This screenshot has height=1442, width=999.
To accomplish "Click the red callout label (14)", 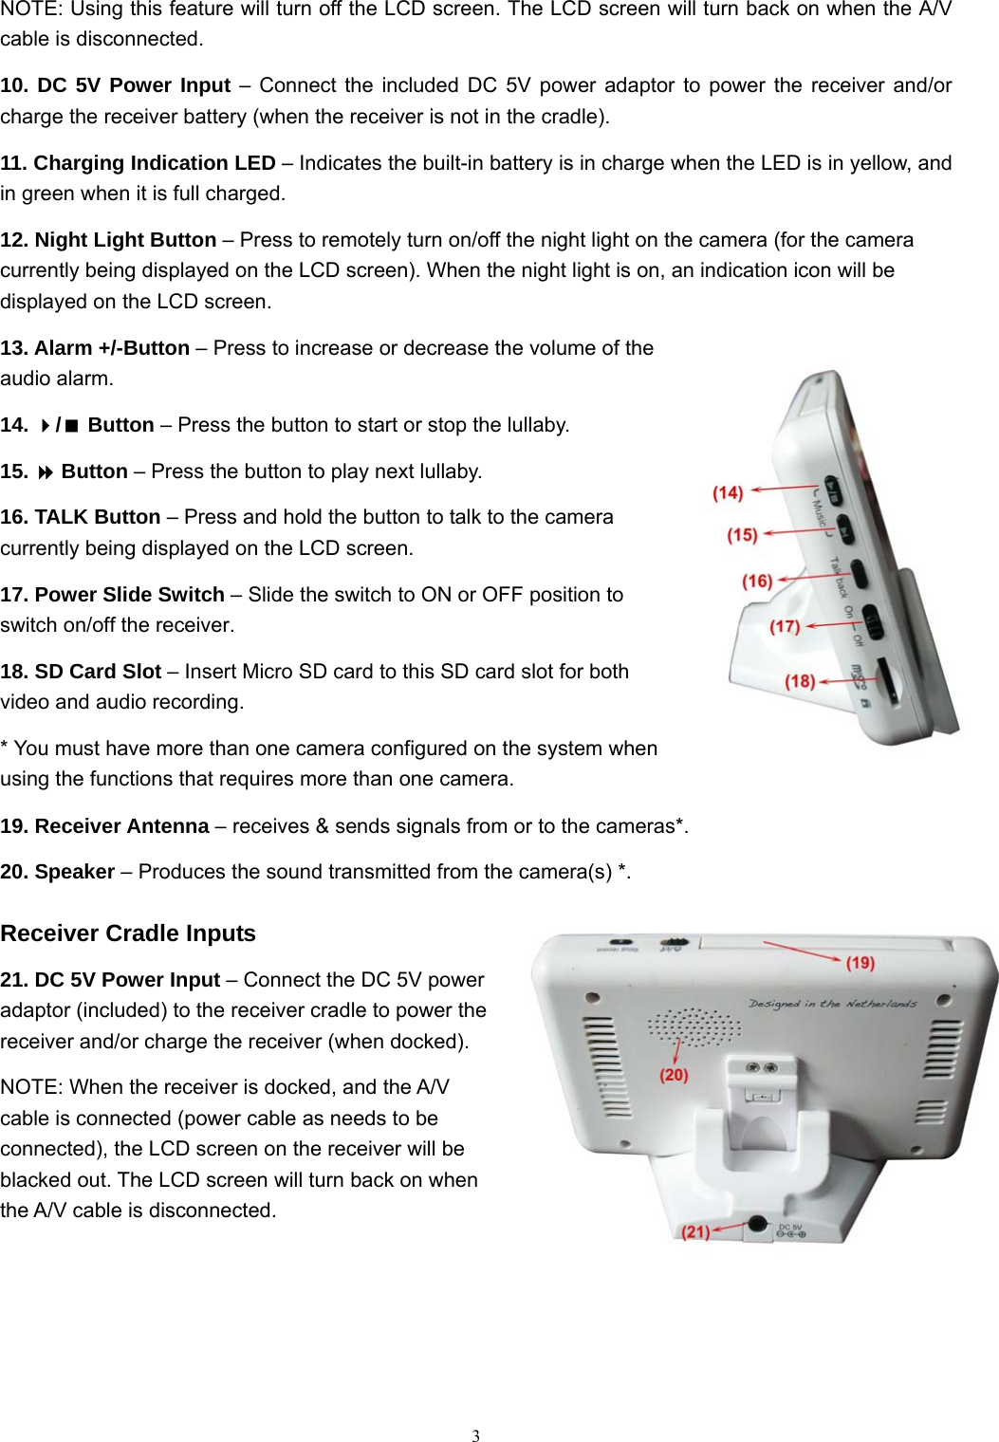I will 728,492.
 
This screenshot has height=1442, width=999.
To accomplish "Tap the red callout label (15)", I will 742,535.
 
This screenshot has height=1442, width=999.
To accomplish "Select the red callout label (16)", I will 757,581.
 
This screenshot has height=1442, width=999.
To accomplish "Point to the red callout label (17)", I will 785,626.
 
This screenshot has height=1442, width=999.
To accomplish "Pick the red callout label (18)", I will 800,681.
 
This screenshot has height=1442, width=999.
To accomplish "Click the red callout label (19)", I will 860,962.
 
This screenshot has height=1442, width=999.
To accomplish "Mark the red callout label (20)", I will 674,1074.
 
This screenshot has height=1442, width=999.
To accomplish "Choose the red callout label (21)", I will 696,1231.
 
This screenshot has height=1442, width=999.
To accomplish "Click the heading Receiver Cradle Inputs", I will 128,934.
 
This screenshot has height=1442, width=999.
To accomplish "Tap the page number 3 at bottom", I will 476,1435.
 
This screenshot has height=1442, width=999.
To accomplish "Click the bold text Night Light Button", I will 125,240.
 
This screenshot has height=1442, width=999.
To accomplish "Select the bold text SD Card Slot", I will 98,672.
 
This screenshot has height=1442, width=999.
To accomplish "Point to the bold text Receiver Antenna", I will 121,826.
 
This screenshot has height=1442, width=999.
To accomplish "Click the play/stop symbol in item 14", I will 59,426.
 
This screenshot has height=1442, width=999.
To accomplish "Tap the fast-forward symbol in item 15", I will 45,472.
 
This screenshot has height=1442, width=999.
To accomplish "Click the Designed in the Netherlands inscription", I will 832,1003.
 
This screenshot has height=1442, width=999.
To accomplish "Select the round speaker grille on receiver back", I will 694,1026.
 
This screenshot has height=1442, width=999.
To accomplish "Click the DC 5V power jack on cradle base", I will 757,1225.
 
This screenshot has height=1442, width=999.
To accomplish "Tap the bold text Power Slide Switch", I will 129,595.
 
